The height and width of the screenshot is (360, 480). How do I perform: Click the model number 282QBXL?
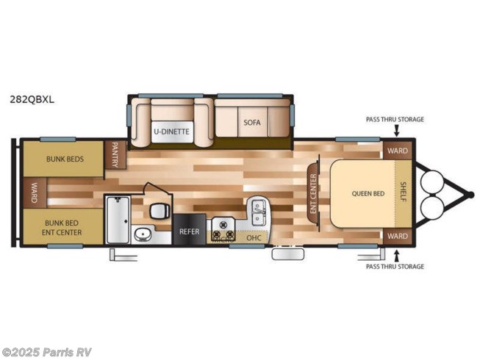[32, 100]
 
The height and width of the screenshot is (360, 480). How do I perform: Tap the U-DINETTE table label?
[171, 132]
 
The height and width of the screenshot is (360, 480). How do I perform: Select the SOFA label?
[252, 123]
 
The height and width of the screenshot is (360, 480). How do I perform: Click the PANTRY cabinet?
[115, 154]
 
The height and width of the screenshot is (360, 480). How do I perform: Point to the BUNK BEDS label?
[65, 159]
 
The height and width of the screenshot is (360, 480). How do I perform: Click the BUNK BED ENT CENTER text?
[62, 228]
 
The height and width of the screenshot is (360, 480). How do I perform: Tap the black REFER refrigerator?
[189, 229]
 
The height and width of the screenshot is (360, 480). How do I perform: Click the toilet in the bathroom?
[160, 211]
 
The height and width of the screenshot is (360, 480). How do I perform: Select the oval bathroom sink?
[143, 234]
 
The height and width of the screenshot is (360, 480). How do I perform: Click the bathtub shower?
[118, 220]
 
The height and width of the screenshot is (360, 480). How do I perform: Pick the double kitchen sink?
[259, 212]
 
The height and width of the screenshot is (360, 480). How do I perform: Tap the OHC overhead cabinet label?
[254, 237]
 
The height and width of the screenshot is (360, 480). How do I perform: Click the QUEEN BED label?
[368, 194]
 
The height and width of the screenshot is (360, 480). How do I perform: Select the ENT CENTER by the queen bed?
[313, 194]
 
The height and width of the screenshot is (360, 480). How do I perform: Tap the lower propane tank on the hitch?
[432, 206]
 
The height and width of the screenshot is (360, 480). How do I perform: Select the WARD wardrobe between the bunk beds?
[35, 192]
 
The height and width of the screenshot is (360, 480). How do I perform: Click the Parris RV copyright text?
[46, 353]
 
